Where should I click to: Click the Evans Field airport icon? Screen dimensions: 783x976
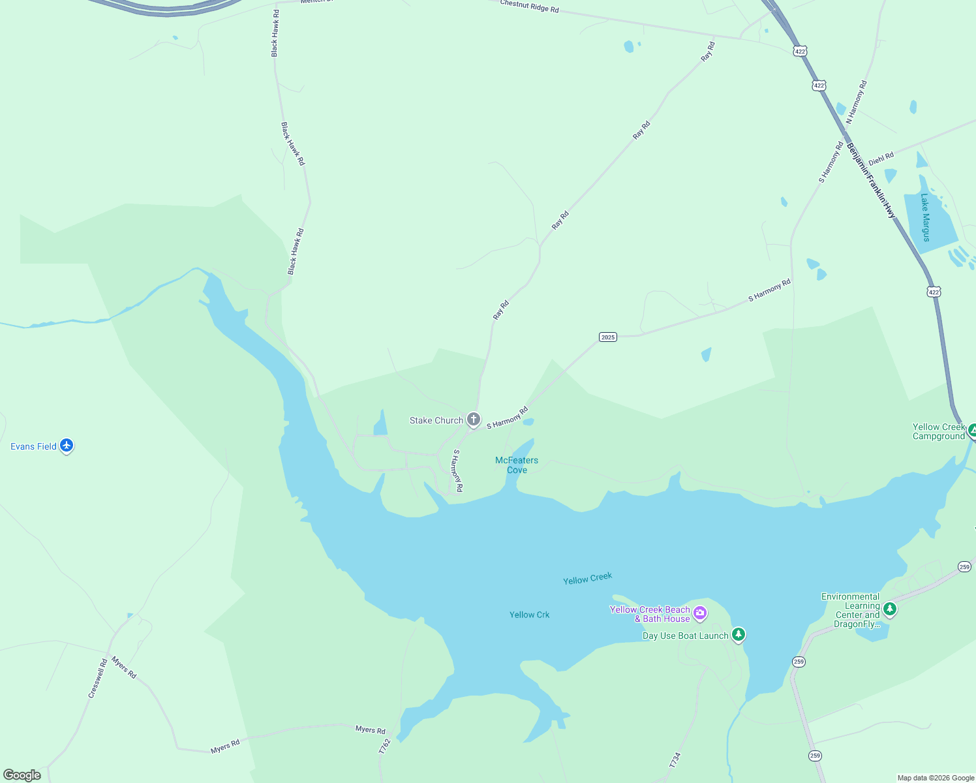(67, 446)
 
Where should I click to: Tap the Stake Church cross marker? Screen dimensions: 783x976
(474, 420)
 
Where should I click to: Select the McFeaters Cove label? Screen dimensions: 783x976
(517, 465)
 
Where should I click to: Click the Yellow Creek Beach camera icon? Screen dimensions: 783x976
(700, 612)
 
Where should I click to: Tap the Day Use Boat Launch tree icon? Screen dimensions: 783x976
(738, 634)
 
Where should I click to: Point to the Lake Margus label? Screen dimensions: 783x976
(925, 217)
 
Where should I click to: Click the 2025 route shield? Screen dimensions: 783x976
(607, 337)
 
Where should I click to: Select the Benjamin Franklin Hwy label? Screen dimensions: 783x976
(871, 180)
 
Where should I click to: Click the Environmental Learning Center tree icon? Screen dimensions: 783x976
(889, 609)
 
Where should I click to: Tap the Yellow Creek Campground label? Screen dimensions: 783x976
(938, 431)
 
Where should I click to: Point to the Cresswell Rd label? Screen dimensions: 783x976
(97, 679)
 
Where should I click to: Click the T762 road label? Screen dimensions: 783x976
(385, 746)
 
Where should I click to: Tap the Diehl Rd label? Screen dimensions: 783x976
(881, 159)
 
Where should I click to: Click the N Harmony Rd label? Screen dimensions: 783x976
(857, 102)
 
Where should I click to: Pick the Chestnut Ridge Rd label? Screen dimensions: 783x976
(529, 7)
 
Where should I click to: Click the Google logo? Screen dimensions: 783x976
(22, 775)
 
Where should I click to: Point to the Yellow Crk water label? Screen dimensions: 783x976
(529, 615)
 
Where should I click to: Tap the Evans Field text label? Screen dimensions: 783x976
(33, 446)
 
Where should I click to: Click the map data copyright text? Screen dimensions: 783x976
(936, 778)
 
